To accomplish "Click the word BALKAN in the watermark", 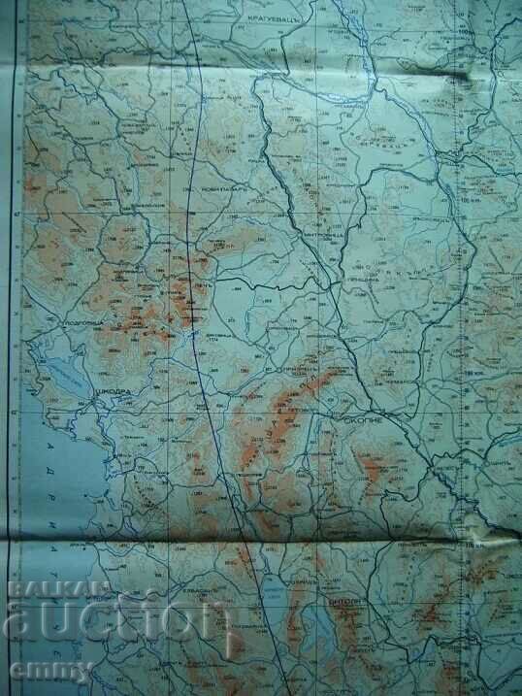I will pyautogui.click(x=44, y=588).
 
